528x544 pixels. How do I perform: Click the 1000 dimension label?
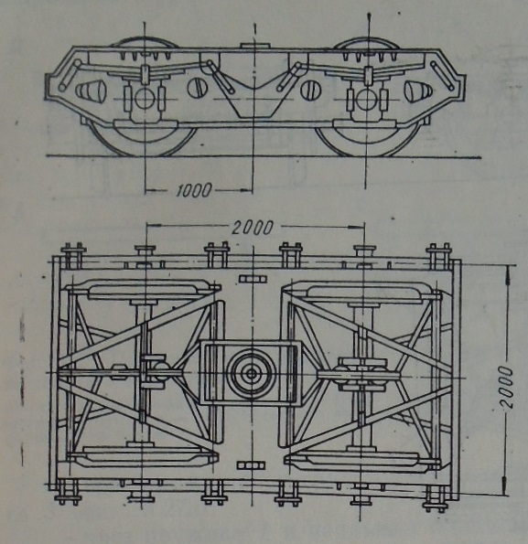[193, 190]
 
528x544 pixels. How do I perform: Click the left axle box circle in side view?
[145, 99]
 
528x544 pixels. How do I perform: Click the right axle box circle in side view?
[367, 100]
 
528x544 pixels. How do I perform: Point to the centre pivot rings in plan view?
[252, 374]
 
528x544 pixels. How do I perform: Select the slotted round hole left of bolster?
[197, 88]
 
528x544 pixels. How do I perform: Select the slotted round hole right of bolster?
[309, 90]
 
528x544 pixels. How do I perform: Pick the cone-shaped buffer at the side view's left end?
[91, 91]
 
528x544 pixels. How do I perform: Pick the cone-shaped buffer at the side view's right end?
[419, 91]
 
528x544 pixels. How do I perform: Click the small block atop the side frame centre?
[254, 46]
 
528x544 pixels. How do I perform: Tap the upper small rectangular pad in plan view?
[253, 279]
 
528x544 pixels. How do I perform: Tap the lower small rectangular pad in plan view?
[251, 464]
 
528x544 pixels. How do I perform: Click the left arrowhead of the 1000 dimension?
[151, 190]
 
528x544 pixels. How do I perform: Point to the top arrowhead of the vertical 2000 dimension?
[508, 273]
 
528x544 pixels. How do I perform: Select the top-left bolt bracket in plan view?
[73, 256]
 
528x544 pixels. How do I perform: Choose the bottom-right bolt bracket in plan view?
[436, 498]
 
